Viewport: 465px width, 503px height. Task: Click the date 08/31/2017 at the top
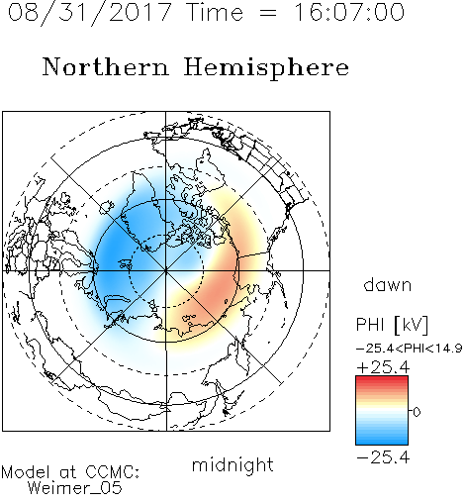point(90,13)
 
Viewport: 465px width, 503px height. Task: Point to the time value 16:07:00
point(349,12)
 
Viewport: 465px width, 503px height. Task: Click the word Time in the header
point(215,12)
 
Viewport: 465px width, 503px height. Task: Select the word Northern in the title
point(106,67)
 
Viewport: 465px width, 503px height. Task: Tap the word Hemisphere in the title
point(266,68)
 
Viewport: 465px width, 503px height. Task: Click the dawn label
point(388,284)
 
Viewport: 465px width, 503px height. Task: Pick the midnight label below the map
point(232,464)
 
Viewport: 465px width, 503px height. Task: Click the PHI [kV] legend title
point(393,325)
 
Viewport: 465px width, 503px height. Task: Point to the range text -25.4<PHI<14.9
point(409,349)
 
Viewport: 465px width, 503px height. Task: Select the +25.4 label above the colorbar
point(383,367)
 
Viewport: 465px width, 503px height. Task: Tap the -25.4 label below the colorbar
point(383,457)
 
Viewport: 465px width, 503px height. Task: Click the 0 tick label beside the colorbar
point(417,412)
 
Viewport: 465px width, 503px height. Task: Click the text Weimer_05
point(75,488)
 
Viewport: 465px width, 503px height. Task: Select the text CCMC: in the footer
point(113,472)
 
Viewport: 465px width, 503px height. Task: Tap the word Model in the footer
point(26,472)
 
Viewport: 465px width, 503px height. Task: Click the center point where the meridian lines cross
point(166,270)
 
